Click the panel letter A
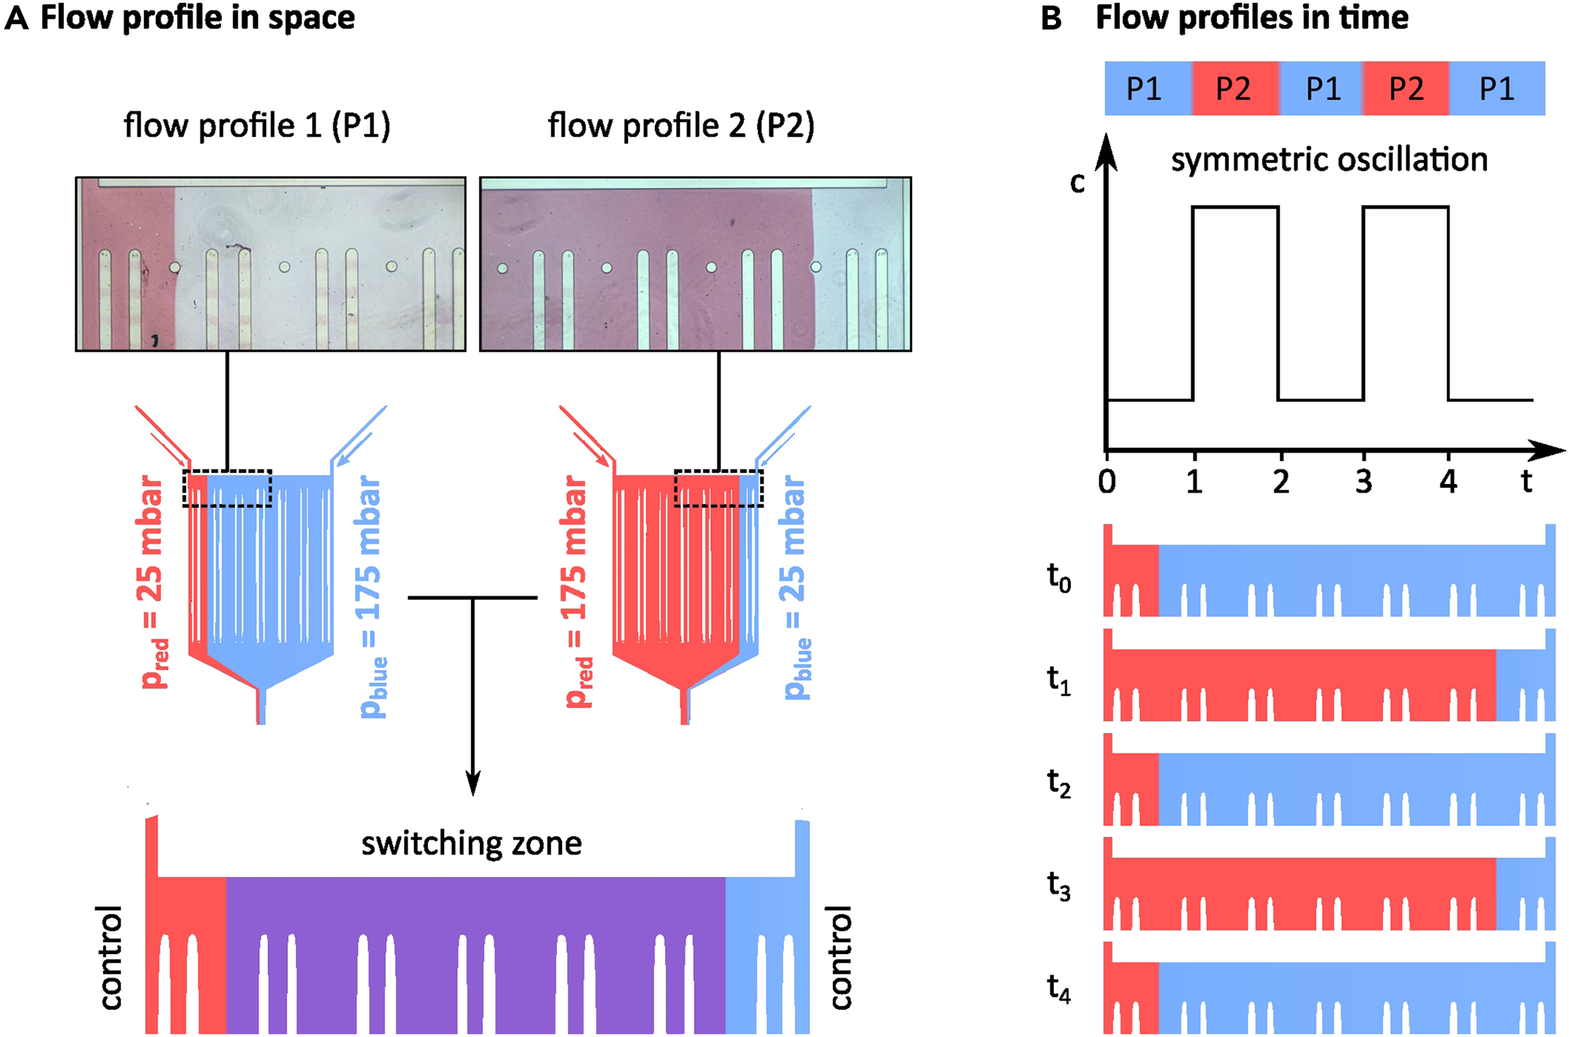17,18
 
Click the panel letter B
1050,18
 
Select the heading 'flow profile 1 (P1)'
256,126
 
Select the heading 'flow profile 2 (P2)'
681,126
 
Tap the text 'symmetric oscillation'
1329,160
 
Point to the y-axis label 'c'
1077,183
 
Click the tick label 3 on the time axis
1364,482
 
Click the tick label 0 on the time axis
1107,482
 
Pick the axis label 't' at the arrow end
1526,482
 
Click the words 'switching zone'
471,843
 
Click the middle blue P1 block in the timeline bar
1322,89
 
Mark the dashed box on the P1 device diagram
227,488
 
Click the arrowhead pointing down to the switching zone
473,783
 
